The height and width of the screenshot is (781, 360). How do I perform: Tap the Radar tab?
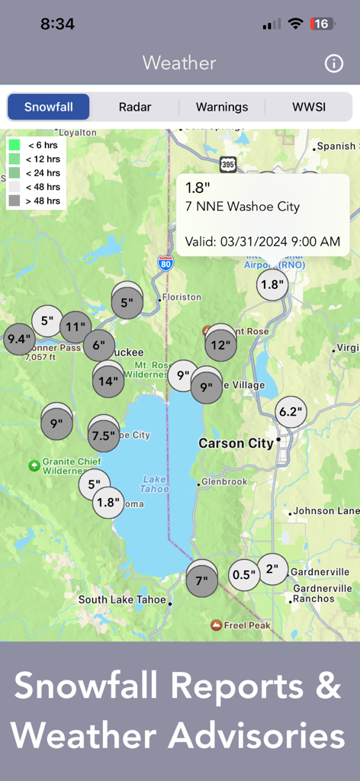[135, 107]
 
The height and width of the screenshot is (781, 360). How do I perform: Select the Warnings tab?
[222, 107]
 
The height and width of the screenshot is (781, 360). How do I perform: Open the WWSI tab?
[309, 107]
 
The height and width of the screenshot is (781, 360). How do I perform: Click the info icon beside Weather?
[334, 63]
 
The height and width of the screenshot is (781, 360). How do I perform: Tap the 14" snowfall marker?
[108, 381]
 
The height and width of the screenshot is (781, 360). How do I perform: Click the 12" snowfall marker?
[220, 345]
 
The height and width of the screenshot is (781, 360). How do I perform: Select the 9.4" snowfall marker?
[19, 339]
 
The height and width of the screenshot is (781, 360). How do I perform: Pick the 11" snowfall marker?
[75, 328]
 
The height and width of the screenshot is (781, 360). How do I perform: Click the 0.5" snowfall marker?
[244, 574]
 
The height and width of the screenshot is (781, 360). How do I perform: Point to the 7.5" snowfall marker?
[104, 435]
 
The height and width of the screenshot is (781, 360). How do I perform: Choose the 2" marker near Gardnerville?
[272, 569]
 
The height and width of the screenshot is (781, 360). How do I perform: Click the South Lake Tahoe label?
[122, 599]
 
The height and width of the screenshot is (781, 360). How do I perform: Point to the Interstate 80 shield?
[166, 264]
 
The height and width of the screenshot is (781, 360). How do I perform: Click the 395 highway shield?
[228, 164]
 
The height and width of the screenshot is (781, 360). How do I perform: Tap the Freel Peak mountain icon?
[217, 625]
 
